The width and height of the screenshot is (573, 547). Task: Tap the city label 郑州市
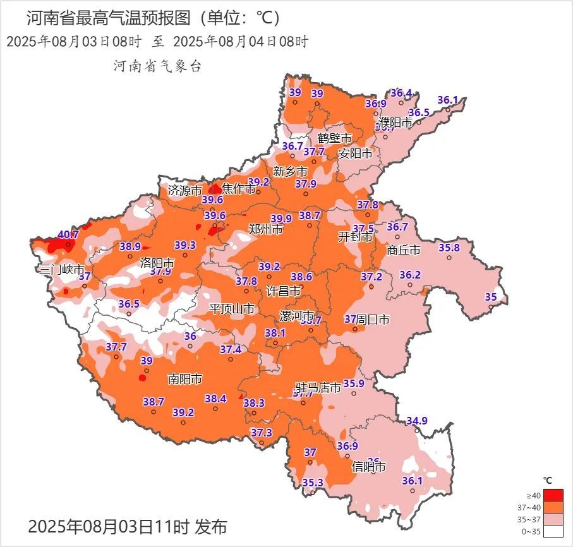265,229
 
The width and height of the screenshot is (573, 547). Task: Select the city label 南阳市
184,379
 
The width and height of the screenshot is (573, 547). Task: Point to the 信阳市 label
369,467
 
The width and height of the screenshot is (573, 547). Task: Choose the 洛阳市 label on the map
157,261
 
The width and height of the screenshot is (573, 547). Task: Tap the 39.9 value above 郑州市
281,219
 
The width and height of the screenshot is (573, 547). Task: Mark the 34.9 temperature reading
417,421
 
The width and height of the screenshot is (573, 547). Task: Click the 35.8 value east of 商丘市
449,247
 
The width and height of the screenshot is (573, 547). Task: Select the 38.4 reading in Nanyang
215,399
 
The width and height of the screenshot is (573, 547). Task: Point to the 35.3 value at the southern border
313,483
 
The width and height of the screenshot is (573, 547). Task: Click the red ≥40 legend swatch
553,495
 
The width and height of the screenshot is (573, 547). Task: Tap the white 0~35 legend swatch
553,532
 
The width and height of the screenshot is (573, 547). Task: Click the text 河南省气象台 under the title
157,66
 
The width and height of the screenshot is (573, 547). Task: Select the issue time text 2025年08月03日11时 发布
127,526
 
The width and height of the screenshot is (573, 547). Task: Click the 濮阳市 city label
395,121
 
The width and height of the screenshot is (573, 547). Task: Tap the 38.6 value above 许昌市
301,277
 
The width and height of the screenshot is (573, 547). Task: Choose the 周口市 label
373,320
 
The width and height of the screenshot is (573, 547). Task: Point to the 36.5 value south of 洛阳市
129,304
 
